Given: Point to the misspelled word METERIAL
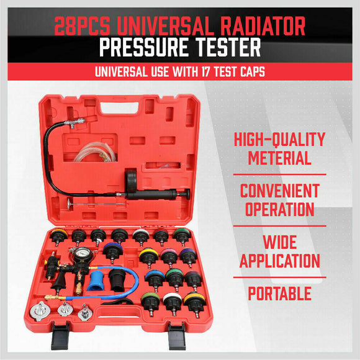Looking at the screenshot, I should pos(280,158).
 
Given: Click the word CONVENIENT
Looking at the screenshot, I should pos(280,191).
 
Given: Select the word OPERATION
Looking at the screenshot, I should pos(280,209).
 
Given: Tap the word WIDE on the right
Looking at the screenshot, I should pos(280,241).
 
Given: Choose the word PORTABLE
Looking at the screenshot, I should pos(280,293).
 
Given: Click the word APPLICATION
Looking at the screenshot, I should pos(280,260).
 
